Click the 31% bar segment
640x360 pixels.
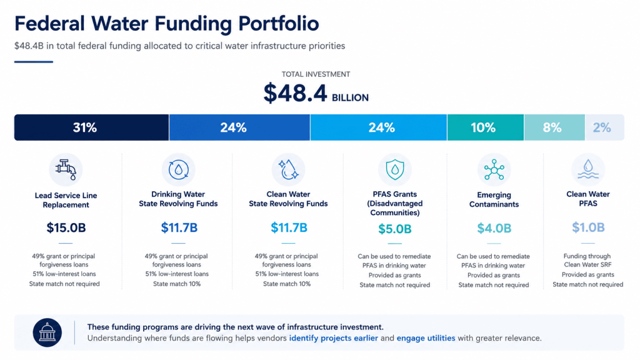click(91, 127)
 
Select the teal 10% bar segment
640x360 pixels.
click(485, 127)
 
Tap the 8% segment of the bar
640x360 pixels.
click(554, 127)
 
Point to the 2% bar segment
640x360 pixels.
click(604, 127)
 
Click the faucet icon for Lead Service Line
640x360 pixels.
click(66, 169)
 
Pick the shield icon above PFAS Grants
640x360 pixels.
click(395, 169)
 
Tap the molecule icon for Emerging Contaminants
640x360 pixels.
click(494, 169)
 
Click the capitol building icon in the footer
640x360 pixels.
click(47, 332)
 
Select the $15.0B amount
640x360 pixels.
click(66, 227)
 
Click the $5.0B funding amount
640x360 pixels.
click(395, 229)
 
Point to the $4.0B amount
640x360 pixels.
click(494, 228)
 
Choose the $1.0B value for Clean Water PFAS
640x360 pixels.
click(588, 227)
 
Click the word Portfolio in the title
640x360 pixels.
click(279, 23)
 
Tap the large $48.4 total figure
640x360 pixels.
click(295, 93)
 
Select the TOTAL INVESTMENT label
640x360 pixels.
click(316, 74)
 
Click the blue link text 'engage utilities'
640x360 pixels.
click(426, 338)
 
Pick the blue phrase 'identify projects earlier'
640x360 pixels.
click(334, 338)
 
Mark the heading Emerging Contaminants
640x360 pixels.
click(494, 199)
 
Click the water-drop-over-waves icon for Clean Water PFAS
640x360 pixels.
click(588, 169)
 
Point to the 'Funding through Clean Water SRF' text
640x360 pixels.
click(587, 261)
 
